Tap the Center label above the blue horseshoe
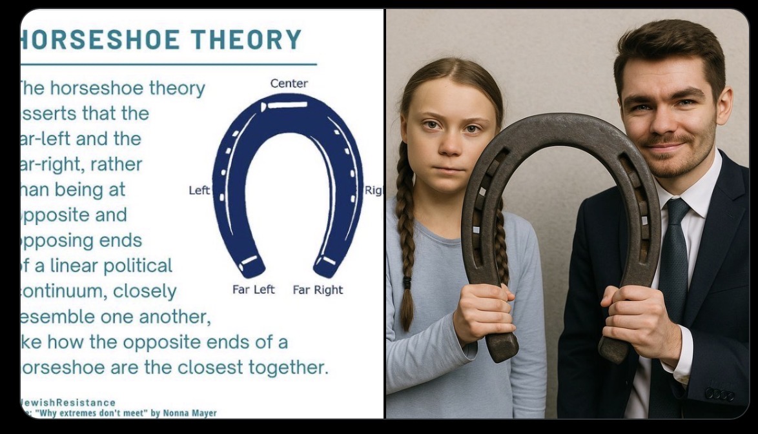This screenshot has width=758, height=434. coord(289,83)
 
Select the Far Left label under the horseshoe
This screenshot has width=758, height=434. coord(254,290)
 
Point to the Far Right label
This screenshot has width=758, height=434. coord(318,290)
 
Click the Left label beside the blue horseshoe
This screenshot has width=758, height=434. coord(199,190)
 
